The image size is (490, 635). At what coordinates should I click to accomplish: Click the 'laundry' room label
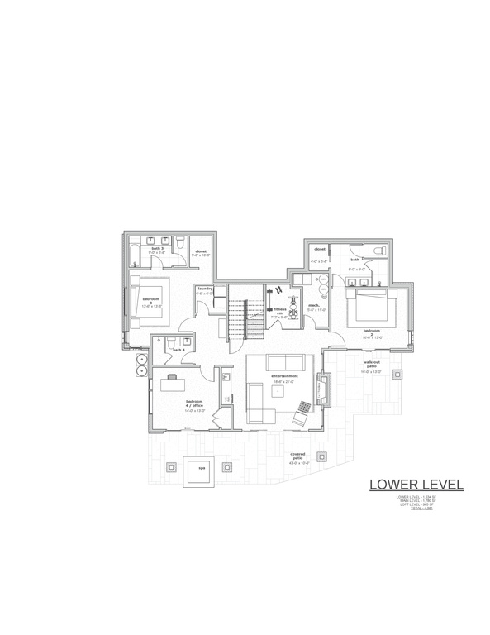(205, 289)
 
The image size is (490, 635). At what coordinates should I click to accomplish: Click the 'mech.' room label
(314, 306)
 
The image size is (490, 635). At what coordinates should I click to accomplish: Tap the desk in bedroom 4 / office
(172, 382)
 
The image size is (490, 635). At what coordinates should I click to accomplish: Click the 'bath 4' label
(178, 350)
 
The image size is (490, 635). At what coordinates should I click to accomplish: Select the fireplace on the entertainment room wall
(324, 387)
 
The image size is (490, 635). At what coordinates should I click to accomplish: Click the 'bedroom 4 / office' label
(195, 404)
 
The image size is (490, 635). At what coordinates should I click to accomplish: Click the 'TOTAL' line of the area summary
(421, 508)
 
